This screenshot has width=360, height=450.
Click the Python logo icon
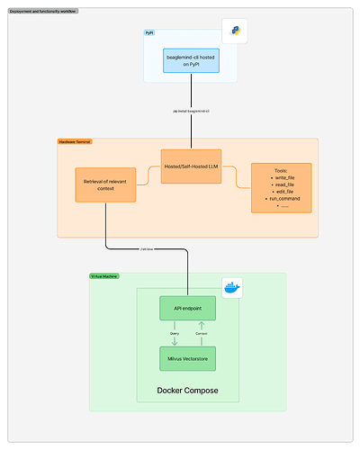coord(235,32)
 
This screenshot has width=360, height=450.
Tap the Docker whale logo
coord(234,287)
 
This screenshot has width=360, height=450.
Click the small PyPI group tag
coord(149,32)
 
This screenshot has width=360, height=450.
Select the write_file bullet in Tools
coord(283,178)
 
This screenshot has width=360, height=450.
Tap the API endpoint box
coord(188,309)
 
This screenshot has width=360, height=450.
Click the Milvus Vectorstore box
coord(188,359)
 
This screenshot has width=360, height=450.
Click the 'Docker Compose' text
coord(187,390)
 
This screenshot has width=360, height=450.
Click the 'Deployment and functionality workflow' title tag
coord(42,11)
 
